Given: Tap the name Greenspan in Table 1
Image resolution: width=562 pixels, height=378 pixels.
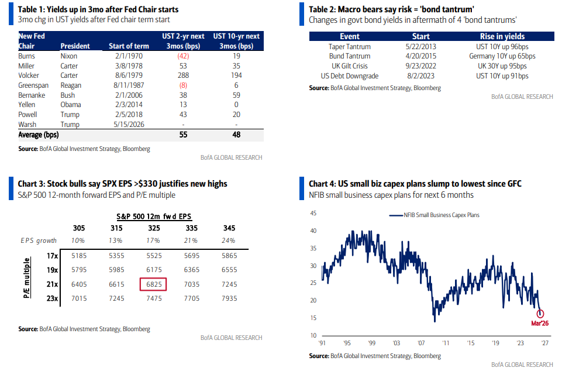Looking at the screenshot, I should (x=32, y=85).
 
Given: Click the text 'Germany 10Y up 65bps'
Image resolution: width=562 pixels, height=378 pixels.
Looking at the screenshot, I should (x=502, y=56).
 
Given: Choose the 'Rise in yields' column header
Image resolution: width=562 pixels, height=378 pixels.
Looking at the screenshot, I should (x=502, y=36).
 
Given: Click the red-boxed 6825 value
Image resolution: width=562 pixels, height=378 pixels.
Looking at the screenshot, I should (x=154, y=284).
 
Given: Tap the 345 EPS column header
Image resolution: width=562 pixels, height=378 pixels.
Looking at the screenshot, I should (x=229, y=228).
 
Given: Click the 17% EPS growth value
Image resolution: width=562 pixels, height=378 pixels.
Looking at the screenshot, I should (x=154, y=240).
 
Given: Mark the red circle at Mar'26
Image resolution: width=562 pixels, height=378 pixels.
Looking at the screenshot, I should (x=540, y=314).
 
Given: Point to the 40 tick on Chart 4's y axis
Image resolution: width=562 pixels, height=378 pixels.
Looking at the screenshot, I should (x=313, y=231).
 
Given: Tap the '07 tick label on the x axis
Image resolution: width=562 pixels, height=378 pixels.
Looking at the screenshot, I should (x=420, y=343).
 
